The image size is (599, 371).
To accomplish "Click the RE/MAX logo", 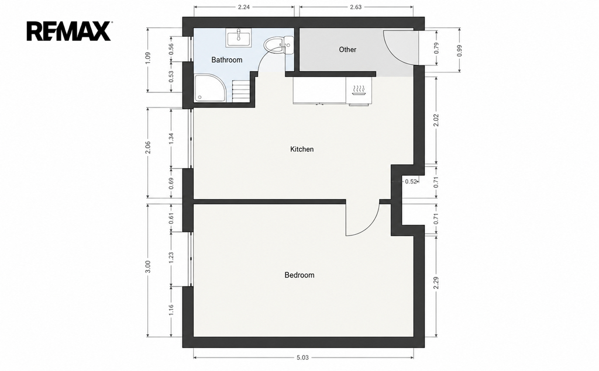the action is pos(69,32).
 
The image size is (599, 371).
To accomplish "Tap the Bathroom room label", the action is pos(227,60).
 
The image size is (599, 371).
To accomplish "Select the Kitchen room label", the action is pos(302,149).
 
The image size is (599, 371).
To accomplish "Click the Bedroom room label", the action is pos(299,275).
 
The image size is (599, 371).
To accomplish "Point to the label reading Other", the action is pos(347,50).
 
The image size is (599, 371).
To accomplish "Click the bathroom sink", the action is pos(239,38).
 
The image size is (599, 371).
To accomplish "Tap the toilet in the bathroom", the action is pos(278,45).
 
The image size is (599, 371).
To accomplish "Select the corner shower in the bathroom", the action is pos(209,88).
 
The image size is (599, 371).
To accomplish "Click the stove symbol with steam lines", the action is pos(359,90).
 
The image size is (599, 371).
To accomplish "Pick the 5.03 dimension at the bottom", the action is pos(302,358).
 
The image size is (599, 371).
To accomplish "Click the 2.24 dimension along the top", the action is pos(244,7).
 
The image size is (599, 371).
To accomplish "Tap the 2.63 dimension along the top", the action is pos(355,7).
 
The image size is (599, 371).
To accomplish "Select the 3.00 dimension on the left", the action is pos(148,267).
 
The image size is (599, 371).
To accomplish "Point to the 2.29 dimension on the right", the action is pos(436,283).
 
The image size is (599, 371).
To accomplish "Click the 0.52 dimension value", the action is pos(411,182).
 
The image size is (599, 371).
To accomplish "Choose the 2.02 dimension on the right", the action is pos(436,120).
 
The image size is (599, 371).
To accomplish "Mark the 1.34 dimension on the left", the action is pos(171,138).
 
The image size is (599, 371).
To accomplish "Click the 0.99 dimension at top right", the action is pos(459,51).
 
